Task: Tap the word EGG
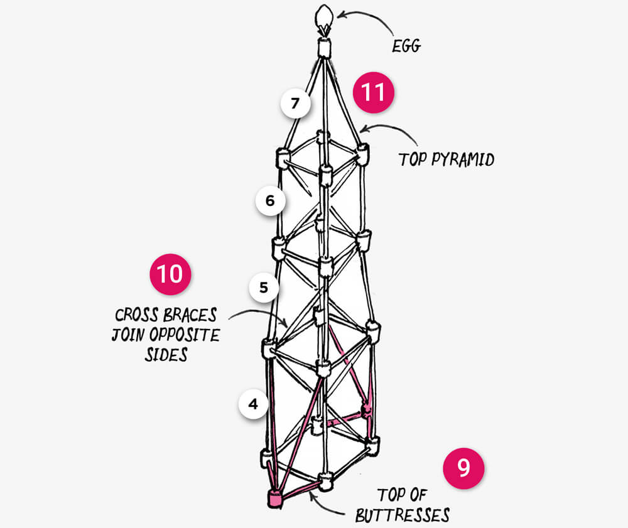406,46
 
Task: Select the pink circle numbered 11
373,92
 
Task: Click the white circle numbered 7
296,104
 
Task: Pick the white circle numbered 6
270,200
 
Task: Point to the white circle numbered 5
264,288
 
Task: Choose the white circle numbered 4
253,404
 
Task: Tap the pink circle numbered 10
170,274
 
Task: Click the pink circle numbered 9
463,468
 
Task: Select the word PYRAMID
463,159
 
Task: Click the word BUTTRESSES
403,515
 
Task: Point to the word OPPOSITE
185,335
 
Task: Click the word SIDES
166,355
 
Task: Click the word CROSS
136,315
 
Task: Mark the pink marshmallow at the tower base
275,498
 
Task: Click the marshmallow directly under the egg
324,48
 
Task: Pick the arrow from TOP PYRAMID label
391,129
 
